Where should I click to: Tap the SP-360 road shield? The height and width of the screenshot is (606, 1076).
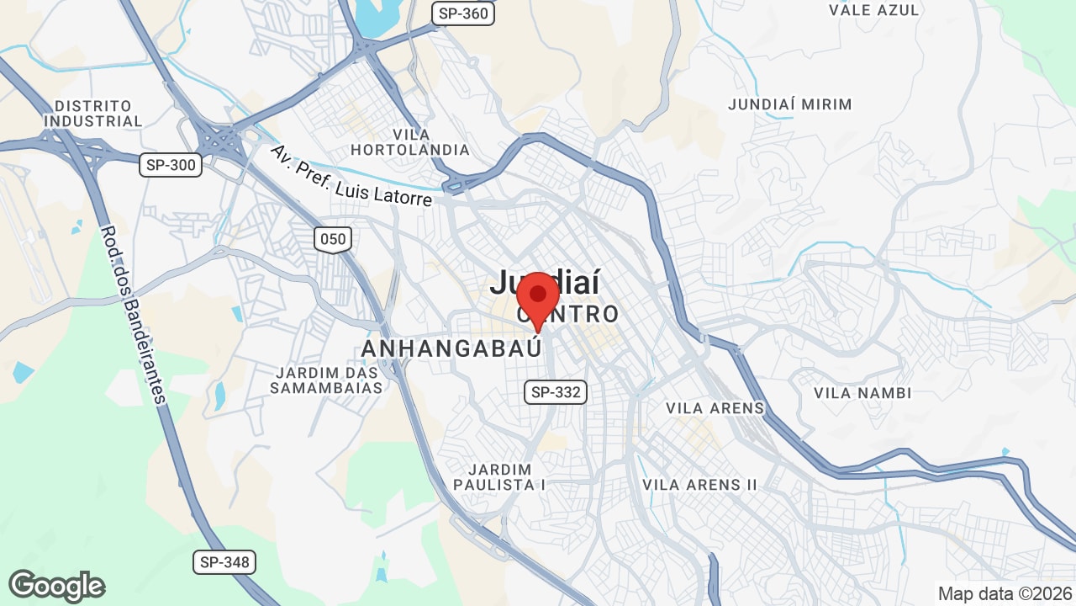tap(463, 13)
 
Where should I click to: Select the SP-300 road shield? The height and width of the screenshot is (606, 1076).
tap(171, 165)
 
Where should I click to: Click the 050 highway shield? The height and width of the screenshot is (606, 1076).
tap(333, 239)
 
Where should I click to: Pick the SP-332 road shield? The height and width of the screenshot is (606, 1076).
tap(556, 391)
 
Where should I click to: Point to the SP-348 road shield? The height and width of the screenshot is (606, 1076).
tap(224, 561)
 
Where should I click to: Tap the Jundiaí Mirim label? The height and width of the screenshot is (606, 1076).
tap(789, 104)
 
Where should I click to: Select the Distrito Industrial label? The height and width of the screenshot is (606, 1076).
tap(93, 114)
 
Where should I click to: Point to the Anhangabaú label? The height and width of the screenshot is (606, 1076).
tap(451, 348)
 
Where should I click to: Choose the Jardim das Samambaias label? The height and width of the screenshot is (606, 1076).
tap(327, 380)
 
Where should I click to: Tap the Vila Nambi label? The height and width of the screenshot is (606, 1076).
tap(862, 393)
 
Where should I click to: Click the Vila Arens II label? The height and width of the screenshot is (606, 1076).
tap(699, 485)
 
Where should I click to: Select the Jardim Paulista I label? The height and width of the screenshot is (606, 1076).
tap(500, 476)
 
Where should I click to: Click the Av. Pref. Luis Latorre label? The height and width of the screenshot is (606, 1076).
tap(351, 175)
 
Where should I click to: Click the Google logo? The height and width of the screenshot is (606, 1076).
tap(56, 586)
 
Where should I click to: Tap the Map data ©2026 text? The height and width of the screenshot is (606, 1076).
tap(1003, 593)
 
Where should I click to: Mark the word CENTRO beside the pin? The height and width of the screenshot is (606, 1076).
tap(580, 316)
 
